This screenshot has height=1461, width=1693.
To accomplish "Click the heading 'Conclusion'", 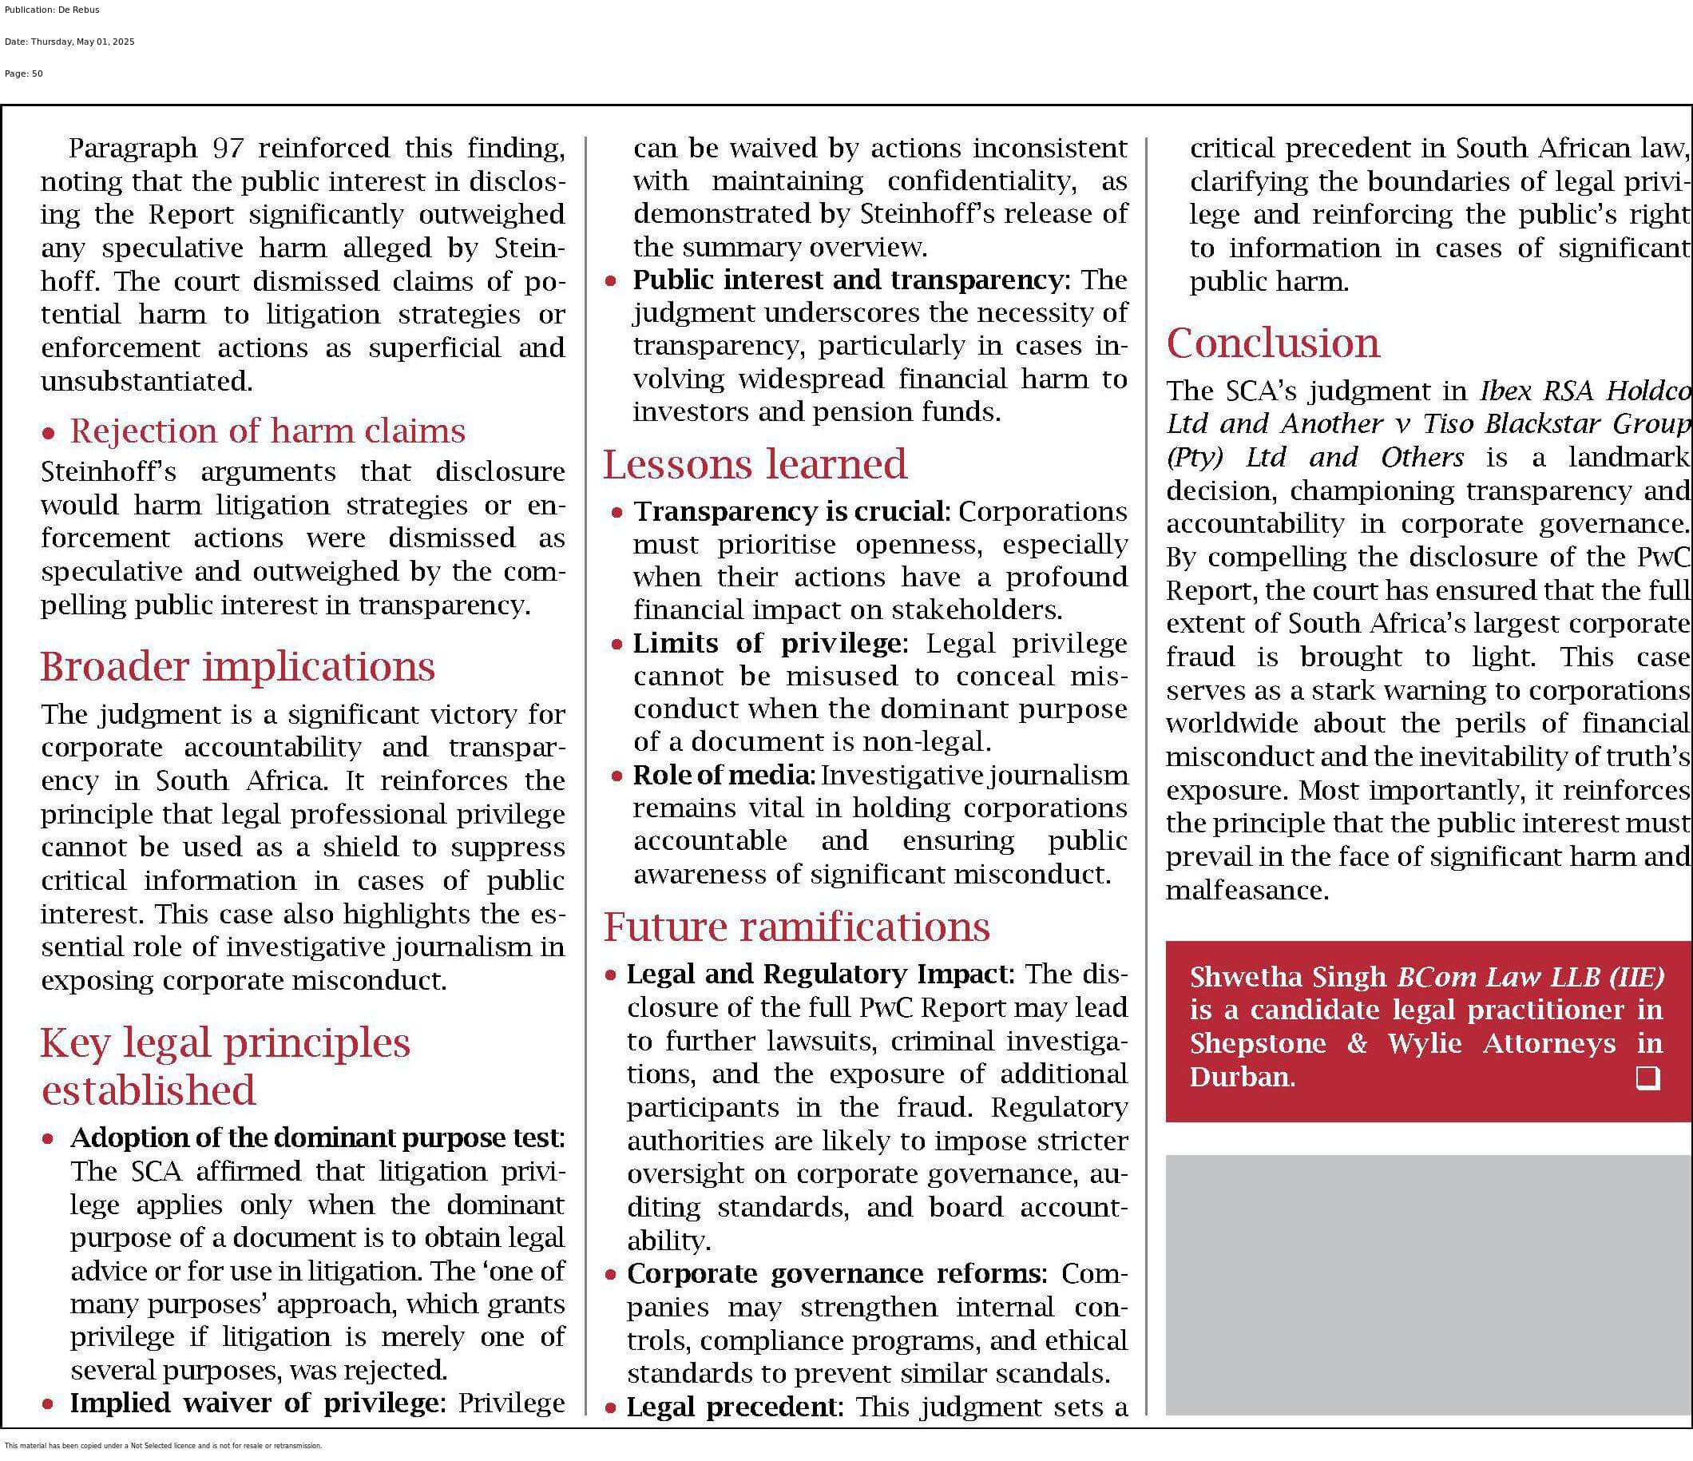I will click(1272, 343).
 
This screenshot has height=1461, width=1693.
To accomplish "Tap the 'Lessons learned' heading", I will click(754, 464).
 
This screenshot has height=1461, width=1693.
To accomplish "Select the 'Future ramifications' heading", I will click(796, 927).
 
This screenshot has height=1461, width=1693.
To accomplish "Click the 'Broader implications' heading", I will click(238, 666).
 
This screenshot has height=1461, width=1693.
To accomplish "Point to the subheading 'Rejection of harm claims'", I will click(268, 431).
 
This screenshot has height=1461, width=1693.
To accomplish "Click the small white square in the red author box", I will click(1647, 1078).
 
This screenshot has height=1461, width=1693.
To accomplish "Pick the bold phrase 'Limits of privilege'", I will click(767, 643).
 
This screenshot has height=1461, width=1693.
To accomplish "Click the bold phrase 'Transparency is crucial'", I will click(789, 511).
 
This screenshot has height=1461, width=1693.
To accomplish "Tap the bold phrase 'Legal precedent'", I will click(732, 1406).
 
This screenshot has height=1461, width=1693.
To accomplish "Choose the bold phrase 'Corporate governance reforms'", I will click(833, 1273).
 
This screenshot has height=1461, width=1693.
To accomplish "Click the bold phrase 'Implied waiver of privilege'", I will click(254, 1402).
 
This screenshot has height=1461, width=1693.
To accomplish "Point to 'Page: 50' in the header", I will click(24, 73).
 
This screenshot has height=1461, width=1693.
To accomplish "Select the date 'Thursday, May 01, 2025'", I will click(82, 42).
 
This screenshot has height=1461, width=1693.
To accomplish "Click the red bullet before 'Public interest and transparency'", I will click(610, 282).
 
